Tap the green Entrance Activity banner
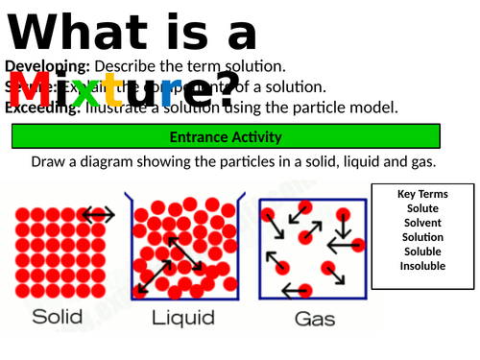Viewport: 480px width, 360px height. pyautogui.click(x=226, y=135)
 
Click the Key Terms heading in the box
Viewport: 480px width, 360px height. pyautogui.click(x=422, y=194)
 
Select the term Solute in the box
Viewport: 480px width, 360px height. pyautogui.click(x=422, y=208)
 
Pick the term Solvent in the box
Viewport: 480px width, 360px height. pyautogui.click(x=422, y=223)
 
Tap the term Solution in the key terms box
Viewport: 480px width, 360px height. pyautogui.click(x=422, y=237)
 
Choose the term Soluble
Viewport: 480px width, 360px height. pyautogui.click(x=422, y=252)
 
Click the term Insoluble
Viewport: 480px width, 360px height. pyautogui.click(x=422, y=266)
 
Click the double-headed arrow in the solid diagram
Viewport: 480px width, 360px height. pyautogui.click(x=98, y=215)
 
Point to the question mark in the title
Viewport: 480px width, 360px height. pyautogui.click(x=224, y=91)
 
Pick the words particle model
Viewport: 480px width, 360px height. pyautogui.click(x=356, y=107)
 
